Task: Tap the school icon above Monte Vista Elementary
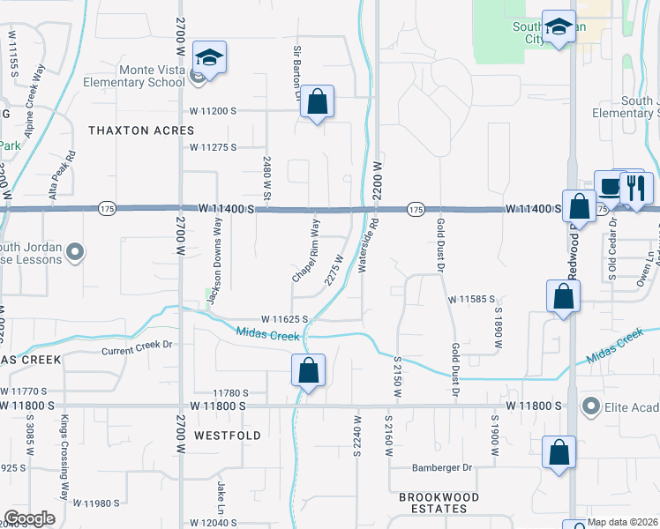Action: click(x=209, y=58)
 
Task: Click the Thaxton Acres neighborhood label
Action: click(x=141, y=130)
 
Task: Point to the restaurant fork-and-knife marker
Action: click(x=634, y=188)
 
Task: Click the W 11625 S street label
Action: click(x=284, y=319)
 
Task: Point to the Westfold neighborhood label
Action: click(x=228, y=436)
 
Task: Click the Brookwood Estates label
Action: click(x=439, y=503)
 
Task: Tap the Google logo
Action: click(x=30, y=518)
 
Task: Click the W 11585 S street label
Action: click(x=471, y=300)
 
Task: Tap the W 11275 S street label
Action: click(x=213, y=147)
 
